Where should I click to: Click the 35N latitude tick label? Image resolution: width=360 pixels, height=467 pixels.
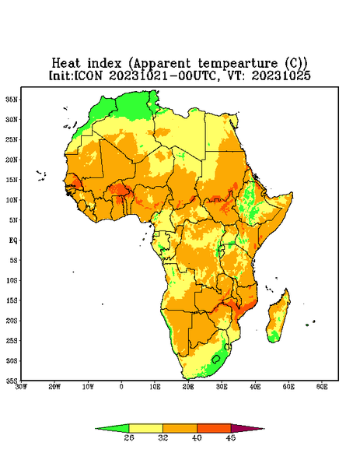[x=12, y=100]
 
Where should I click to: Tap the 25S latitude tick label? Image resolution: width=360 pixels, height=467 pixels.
[x=12, y=341]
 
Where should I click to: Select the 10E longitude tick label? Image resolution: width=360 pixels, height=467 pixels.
[x=155, y=387]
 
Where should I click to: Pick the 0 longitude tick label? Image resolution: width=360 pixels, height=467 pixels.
[x=121, y=387]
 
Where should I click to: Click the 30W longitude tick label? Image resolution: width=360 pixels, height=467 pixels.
[x=21, y=387]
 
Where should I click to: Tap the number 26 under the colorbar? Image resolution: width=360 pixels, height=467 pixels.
[x=129, y=437]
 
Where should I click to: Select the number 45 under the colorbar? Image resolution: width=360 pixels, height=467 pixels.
[x=231, y=437]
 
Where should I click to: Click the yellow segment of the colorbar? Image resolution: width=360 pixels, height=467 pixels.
[x=145, y=429]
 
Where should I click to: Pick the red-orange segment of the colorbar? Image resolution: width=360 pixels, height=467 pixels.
[x=214, y=429]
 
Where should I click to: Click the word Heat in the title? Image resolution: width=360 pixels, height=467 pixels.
[x=66, y=64]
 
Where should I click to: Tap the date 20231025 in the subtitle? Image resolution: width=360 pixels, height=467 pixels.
[x=281, y=75]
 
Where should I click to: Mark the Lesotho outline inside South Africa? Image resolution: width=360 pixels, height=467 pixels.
[x=216, y=359]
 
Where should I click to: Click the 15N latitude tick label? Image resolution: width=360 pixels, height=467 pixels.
[x=12, y=180]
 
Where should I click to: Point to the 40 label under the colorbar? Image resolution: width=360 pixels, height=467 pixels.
[x=197, y=437]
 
